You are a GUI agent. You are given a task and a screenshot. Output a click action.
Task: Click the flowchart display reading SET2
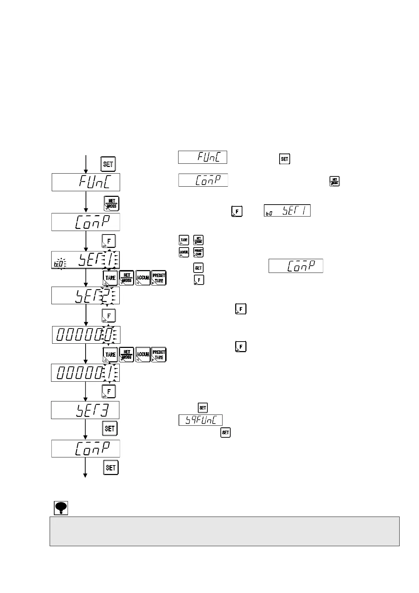(x=86, y=295)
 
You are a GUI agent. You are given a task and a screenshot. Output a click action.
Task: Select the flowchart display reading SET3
(x=85, y=410)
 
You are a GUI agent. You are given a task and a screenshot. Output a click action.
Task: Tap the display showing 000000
(x=86, y=335)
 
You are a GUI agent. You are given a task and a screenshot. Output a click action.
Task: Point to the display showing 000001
(x=86, y=373)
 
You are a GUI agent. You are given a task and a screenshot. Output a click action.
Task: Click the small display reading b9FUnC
(x=200, y=420)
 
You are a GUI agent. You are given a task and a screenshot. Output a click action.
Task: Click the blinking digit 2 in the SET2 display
(x=107, y=295)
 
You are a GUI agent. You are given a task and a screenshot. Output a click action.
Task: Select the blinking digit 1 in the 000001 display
(x=109, y=373)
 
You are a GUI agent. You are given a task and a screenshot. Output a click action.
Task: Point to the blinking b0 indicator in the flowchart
(x=58, y=263)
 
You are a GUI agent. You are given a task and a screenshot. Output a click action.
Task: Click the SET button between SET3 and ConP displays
(x=110, y=429)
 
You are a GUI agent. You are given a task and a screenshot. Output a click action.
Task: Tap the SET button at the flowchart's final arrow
(x=111, y=467)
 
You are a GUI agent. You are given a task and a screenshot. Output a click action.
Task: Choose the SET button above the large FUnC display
(x=108, y=164)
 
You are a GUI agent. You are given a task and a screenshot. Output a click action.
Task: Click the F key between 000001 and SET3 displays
(x=109, y=391)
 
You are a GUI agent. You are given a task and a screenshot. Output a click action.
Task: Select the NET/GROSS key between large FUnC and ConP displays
(x=112, y=204)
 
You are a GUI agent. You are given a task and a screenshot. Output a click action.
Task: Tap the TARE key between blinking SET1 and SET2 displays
(x=110, y=278)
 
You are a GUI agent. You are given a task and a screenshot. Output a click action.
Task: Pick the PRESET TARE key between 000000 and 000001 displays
(x=159, y=355)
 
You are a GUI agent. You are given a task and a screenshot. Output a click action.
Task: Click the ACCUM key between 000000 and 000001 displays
(x=143, y=355)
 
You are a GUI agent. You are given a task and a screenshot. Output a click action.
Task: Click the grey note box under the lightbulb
(x=224, y=531)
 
